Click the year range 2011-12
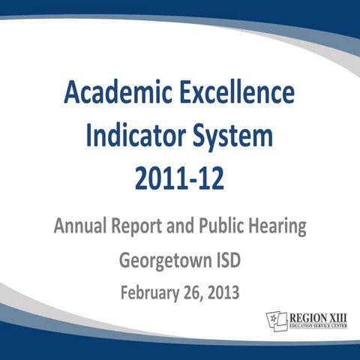click(179, 180)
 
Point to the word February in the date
click(152, 292)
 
